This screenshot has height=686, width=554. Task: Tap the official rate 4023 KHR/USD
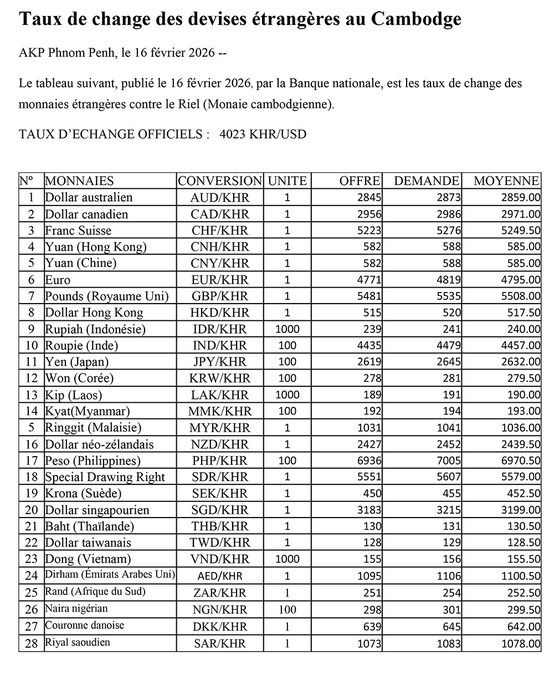pyautogui.click(x=263, y=134)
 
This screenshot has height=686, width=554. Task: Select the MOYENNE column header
pyautogui.click(x=506, y=181)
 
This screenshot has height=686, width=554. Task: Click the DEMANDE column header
pyautogui.click(x=426, y=181)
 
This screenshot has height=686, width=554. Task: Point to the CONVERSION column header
pyautogui.click(x=220, y=181)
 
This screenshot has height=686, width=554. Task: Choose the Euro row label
pyautogui.click(x=58, y=280)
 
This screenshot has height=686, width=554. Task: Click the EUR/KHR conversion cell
pyautogui.click(x=220, y=280)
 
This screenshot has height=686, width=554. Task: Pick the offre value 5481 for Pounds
pyautogui.click(x=369, y=296)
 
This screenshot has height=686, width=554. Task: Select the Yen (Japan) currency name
pyautogui.click(x=76, y=362)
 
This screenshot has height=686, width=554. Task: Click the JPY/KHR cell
pyautogui.click(x=220, y=362)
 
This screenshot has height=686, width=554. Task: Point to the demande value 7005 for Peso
pyautogui.click(x=448, y=460)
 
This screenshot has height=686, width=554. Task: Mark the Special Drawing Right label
pyautogui.click(x=105, y=477)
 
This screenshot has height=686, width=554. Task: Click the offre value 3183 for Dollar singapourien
pyautogui.click(x=369, y=510)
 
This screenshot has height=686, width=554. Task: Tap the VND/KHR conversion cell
pyautogui.click(x=220, y=559)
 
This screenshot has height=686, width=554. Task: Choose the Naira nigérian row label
pyautogui.click(x=76, y=608)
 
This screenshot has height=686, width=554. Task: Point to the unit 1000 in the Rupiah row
pyautogui.click(x=287, y=329)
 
